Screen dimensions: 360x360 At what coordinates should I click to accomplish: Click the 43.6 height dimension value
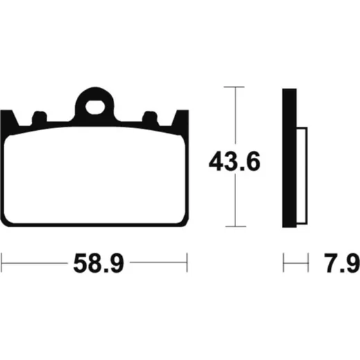pyautogui.click(x=235, y=161)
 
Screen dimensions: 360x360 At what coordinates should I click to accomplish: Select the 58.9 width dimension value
pyautogui.click(x=99, y=263)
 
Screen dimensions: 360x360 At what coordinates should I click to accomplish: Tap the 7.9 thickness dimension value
pyautogui.click(x=342, y=263)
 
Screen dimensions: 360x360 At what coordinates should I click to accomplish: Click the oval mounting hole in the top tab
pyautogui.click(x=95, y=107)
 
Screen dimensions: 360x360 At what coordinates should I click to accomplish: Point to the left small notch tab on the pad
pyautogui.click(x=39, y=117)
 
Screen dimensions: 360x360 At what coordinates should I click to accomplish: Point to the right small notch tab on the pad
pyautogui.click(x=150, y=117)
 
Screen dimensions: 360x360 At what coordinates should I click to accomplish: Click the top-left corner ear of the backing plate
pyautogui.click(x=9, y=118)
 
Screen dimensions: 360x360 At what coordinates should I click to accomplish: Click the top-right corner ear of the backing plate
pyautogui.click(x=180, y=118)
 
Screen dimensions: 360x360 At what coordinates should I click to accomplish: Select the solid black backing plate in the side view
pyautogui.click(x=289, y=158)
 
